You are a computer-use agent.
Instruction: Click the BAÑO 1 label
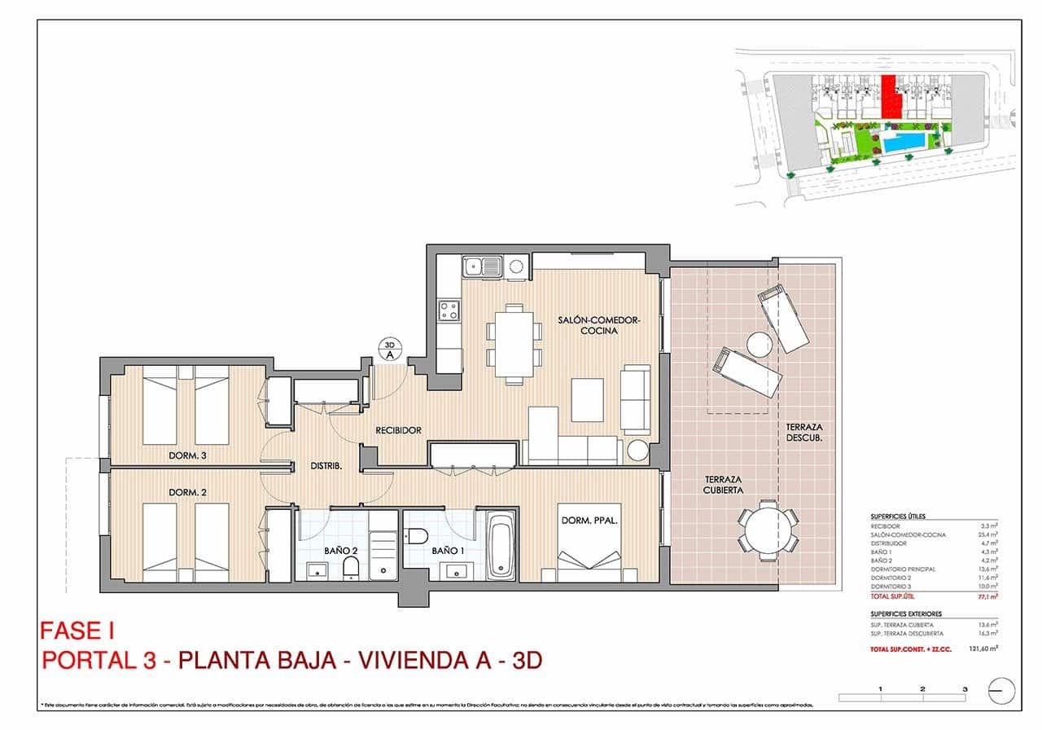pos(448,551)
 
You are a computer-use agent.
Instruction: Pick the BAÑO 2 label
pos(340,551)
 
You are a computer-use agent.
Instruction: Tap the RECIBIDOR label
pos(398,429)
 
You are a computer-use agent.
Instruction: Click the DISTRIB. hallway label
pos(326,466)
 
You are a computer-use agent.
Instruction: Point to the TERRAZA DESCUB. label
pos(805,433)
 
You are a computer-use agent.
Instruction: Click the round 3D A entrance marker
pos(389,350)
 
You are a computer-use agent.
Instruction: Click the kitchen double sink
pos(481,266)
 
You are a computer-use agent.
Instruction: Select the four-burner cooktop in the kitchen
pos(449,310)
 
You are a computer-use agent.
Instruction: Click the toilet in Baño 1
pos(418,534)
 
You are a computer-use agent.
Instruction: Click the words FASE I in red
pos(77,631)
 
